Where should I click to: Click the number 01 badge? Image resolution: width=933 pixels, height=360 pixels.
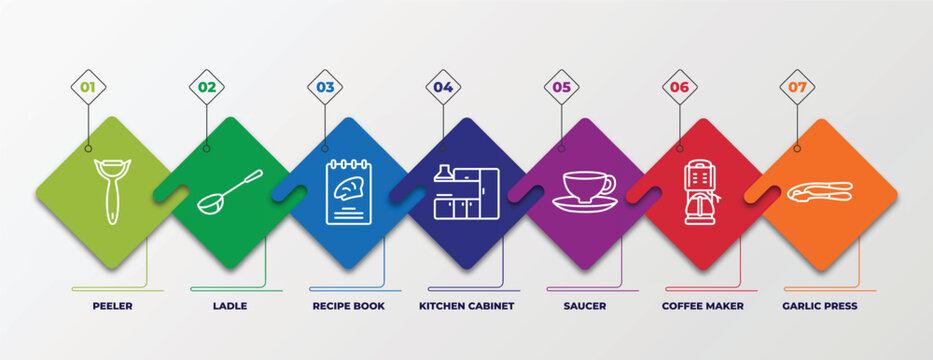click(x=88, y=87)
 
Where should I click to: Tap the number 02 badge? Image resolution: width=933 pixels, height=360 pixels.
click(x=206, y=87)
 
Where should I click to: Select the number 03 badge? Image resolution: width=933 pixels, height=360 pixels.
click(x=325, y=87)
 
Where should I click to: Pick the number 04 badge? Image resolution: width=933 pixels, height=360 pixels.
click(x=443, y=87)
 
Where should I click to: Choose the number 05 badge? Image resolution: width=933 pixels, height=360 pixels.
click(x=561, y=87)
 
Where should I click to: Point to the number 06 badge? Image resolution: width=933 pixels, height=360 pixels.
click(x=679, y=87)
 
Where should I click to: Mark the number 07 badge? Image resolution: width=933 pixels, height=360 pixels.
click(x=797, y=87)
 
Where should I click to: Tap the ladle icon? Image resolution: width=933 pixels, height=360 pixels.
click(x=229, y=191)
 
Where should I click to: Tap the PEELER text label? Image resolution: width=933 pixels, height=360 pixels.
click(x=111, y=306)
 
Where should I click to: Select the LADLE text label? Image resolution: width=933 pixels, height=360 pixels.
click(x=229, y=306)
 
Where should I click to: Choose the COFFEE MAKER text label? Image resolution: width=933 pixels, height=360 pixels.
click(x=702, y=306)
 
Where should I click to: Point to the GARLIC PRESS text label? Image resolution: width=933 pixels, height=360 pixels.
click(x=820, y=306)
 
